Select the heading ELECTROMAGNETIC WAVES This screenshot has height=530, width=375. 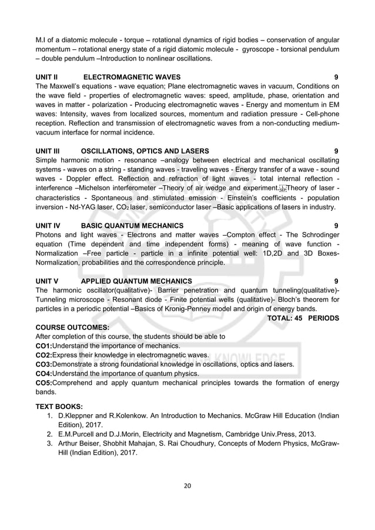(x=132, y=77)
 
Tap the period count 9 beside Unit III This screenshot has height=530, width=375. (x=336, y=151)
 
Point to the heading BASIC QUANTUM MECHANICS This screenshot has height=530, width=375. (x=132, y=225)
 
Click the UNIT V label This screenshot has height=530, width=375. (x=48, y=281)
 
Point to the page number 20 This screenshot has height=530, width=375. (x=187, y=485)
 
